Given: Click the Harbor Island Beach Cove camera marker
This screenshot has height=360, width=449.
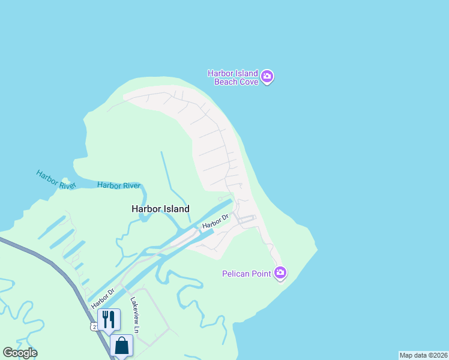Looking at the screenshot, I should (268, 77).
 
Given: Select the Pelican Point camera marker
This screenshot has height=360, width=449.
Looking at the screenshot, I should (280, 274).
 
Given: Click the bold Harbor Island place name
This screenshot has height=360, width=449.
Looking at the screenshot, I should (160, 209).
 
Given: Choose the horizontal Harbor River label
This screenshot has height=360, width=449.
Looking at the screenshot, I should (118, 185).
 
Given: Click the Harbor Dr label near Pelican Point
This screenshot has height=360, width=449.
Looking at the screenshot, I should (216, 221).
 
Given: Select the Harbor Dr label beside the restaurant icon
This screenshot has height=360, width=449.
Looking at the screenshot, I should (103, 298).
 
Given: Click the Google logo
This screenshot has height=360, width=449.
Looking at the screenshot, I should (20, 353).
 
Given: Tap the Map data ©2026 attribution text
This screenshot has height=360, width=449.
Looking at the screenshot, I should (423, 355).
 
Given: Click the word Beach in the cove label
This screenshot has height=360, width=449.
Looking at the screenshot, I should (226, 82).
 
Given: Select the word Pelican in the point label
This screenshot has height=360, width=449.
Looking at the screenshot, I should (235, 274).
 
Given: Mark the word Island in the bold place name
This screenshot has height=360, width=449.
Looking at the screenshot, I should (176, 209).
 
